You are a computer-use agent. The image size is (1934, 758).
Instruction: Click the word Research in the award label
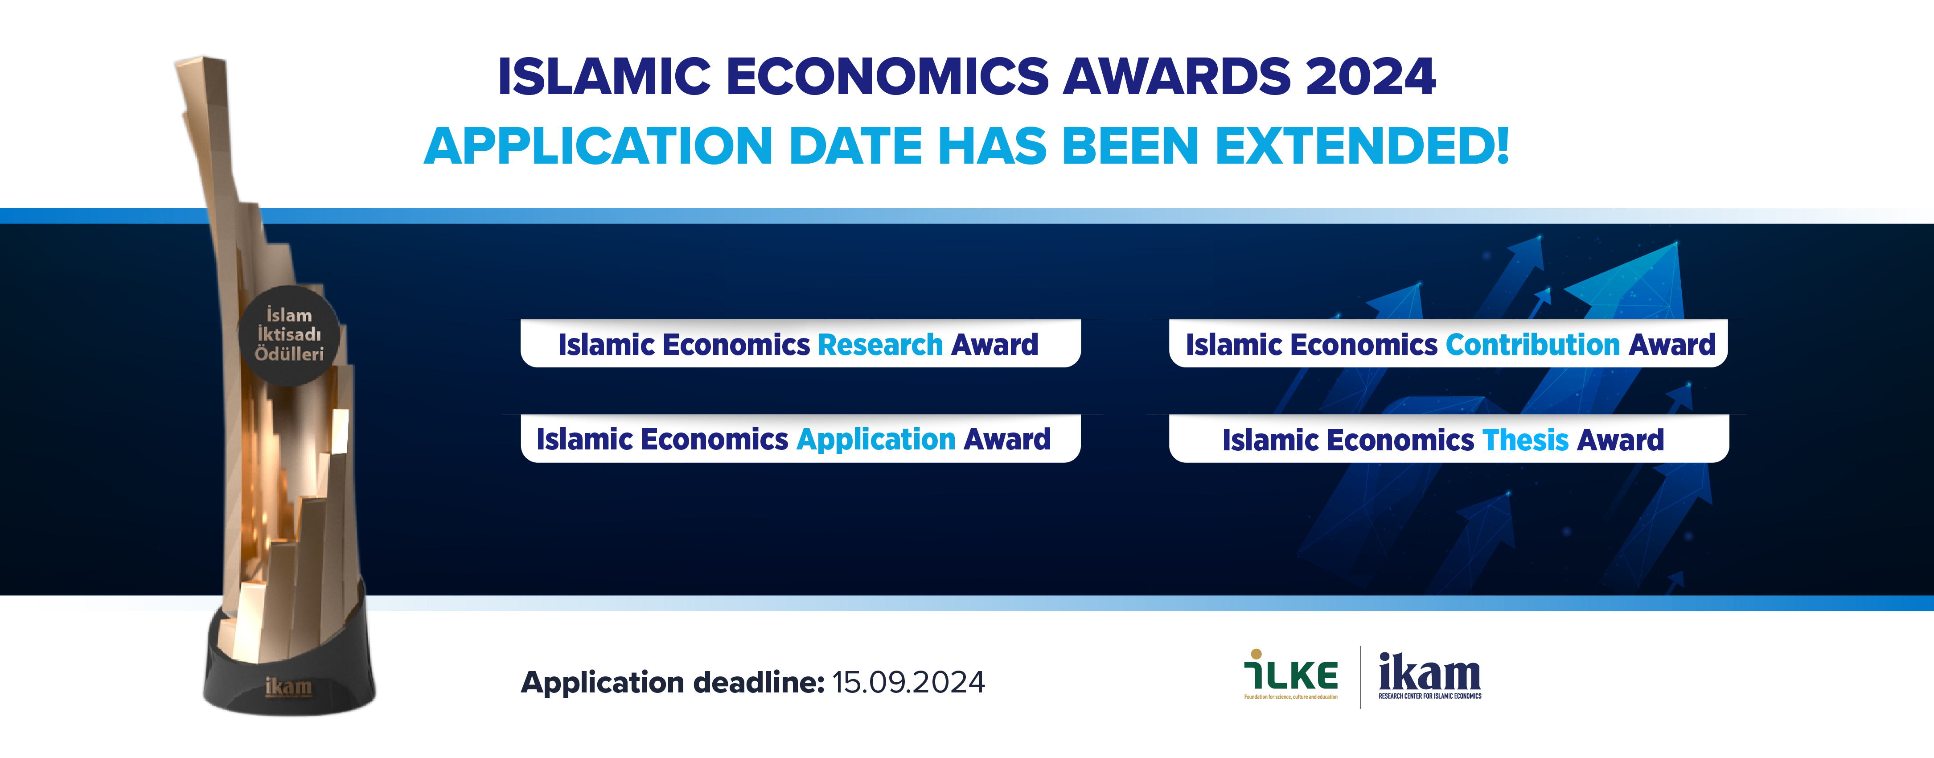[x=880, y=345]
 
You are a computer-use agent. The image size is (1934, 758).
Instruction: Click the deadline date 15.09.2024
[x=908, y=682]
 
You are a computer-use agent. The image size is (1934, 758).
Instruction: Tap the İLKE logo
[x=1290, y=674]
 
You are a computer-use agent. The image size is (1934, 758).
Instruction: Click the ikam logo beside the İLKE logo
[x=1429, y=675]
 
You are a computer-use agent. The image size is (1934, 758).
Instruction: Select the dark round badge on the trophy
[x=289, y=335]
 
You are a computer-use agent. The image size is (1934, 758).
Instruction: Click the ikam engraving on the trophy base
[x=288, y=687]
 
